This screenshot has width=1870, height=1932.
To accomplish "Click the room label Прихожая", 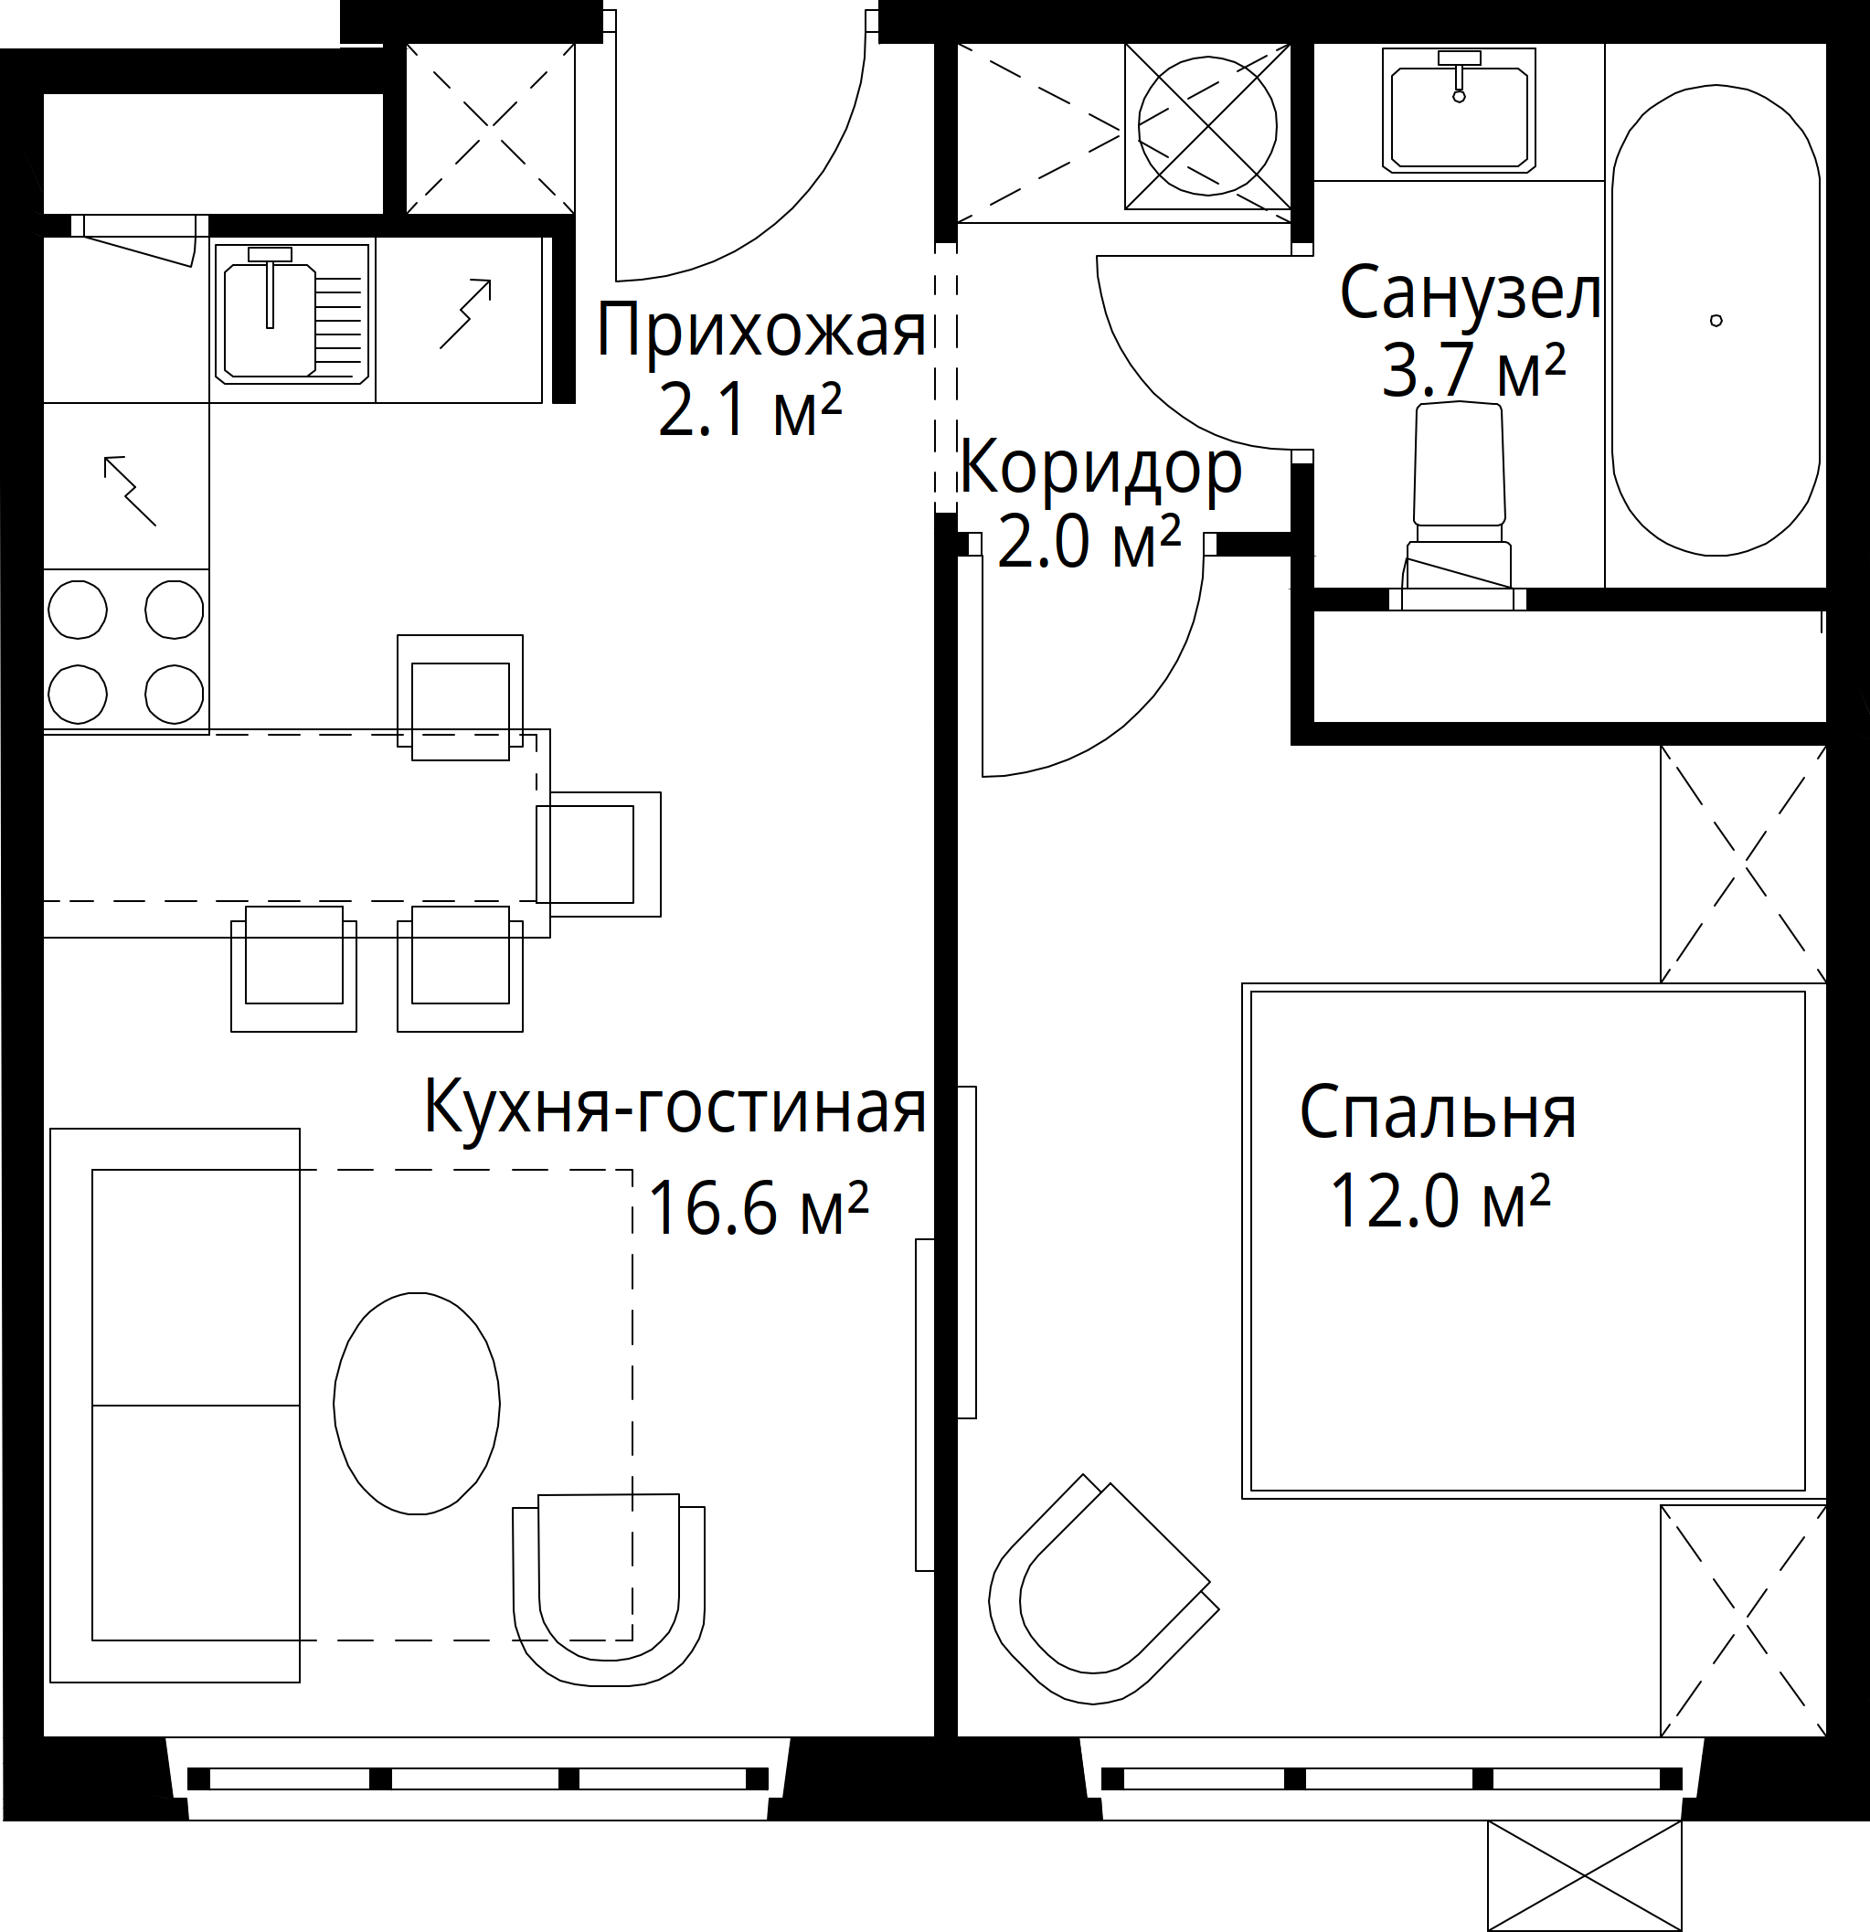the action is pos(761,330).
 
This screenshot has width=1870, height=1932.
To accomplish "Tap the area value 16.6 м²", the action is pos(758,1208).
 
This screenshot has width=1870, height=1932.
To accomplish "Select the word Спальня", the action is pos(1439,1113).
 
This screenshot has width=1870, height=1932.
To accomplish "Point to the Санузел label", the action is pos(1469,292).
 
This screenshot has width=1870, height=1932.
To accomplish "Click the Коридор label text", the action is pos(1101,468).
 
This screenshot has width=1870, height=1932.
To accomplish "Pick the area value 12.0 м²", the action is pos(1440,1201).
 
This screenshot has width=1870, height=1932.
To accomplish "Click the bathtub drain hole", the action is pos(1716,321).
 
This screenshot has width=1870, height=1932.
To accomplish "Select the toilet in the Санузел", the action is pos(1459,503).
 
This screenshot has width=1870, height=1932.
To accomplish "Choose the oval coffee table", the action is pos(417,1403).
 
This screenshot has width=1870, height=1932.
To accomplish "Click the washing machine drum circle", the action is pos(1207,126).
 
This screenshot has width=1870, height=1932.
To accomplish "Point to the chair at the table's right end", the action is pos(599,854).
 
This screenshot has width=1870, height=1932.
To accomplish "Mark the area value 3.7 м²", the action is pos(1472,371).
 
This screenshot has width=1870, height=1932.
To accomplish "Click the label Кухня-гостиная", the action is pos(675,1107).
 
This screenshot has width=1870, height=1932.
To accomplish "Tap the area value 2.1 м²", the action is pos(749,410).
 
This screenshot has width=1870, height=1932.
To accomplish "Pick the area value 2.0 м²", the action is pos(1089,541).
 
